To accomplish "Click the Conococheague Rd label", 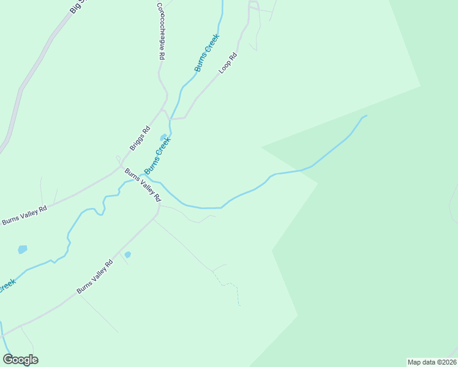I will tap(160, 31).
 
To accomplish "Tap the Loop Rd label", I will tap(227, 63).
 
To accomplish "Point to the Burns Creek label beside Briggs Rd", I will tap(157, 155).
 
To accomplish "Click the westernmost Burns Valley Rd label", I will tap(24, 215).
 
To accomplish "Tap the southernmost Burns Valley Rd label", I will tap(95, 276).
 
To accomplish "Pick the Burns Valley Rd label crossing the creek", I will tap(142, 185).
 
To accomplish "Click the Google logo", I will tap(21, 360).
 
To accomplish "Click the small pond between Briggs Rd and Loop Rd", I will tap(163, 137).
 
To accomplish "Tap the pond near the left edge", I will tap(23, 250).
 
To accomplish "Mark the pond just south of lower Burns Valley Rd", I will tap(127, 254).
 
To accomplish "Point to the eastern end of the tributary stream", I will tap(366, 116).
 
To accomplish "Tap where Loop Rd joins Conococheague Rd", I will tap(170, 119).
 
